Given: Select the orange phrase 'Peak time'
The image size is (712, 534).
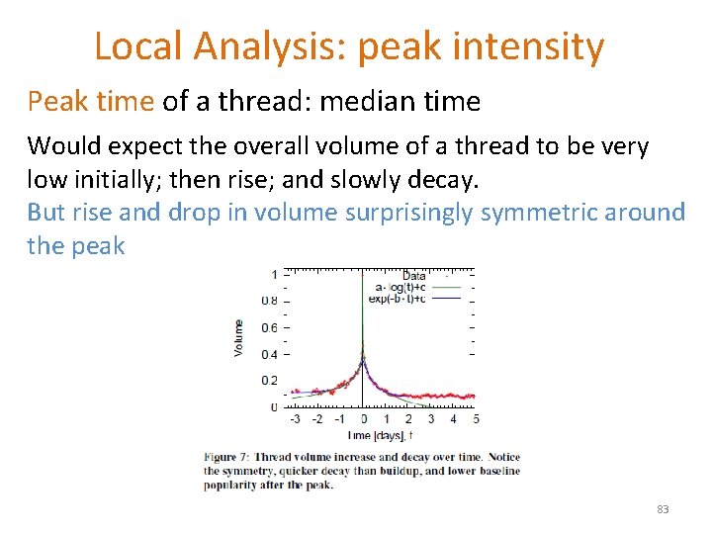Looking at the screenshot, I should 90,101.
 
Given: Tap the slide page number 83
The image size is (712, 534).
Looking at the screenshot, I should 663,509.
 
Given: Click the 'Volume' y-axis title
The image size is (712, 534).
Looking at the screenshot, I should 238,337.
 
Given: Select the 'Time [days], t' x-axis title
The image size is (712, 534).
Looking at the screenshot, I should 381,435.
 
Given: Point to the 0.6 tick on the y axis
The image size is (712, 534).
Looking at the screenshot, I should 269,327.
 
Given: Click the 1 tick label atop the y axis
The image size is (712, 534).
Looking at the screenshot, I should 274,274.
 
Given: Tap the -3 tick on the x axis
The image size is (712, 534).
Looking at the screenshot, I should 295,419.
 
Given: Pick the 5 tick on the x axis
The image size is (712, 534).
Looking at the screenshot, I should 476,419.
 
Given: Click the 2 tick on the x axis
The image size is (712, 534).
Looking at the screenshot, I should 408,419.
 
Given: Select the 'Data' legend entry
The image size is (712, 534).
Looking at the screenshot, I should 414,276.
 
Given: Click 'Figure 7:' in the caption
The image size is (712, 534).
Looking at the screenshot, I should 228,457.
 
